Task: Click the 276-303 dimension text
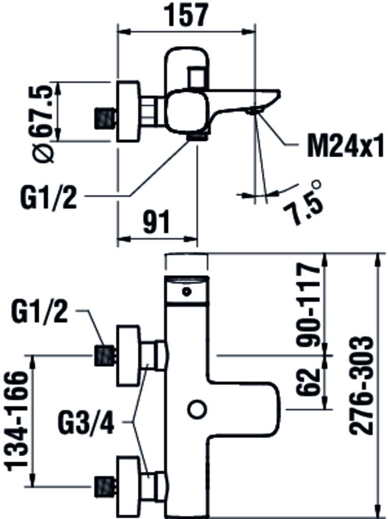tap(363, 385)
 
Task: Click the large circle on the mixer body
tap(196, 410)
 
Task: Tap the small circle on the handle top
tap(187, 291)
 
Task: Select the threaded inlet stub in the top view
tap(105, 118)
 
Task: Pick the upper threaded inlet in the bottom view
tap(105, 355)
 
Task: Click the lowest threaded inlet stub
tap(105, 486)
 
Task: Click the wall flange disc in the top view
tap(128, 111)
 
